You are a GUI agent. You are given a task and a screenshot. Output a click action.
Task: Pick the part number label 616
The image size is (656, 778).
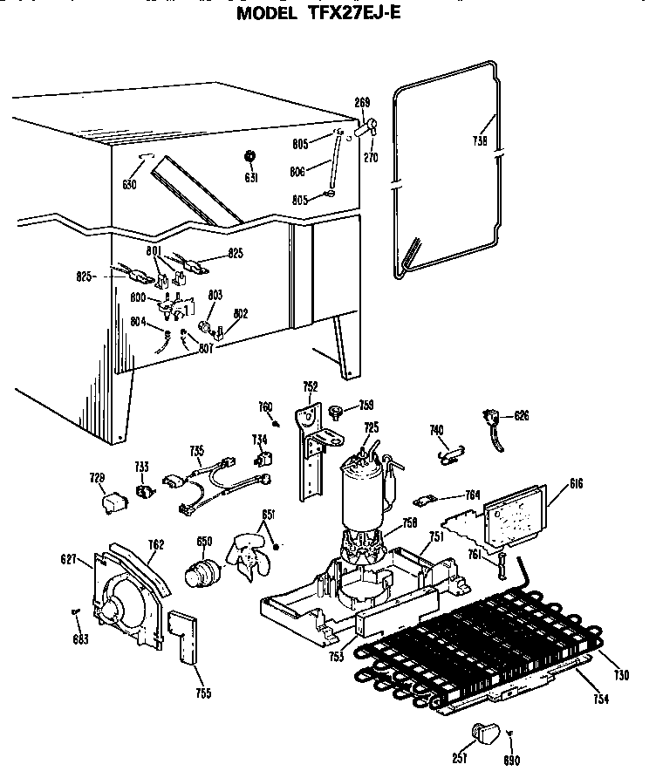pos(577,484)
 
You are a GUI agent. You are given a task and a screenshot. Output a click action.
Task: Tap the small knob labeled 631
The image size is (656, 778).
pos(250,157)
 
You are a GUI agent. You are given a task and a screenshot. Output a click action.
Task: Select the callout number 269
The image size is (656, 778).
pos(362,103)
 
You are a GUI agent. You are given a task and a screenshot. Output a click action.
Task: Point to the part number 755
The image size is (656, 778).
pos(202,693)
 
